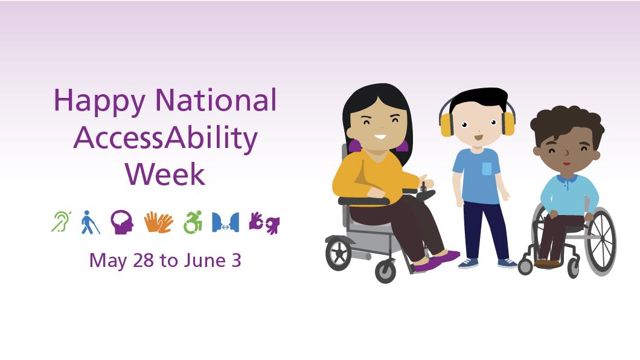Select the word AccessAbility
[165, 138]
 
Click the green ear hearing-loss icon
[60, 222]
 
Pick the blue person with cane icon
[90, 222]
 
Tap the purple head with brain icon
[121, 222]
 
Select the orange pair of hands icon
[158, 222]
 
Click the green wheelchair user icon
[193, 222]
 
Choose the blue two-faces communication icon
[225, 222]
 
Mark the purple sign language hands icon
[264, 222]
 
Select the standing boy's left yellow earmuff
[446, 124]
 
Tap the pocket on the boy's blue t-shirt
[487, 169]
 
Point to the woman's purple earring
[354, 146]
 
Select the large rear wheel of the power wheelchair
[338, 254]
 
